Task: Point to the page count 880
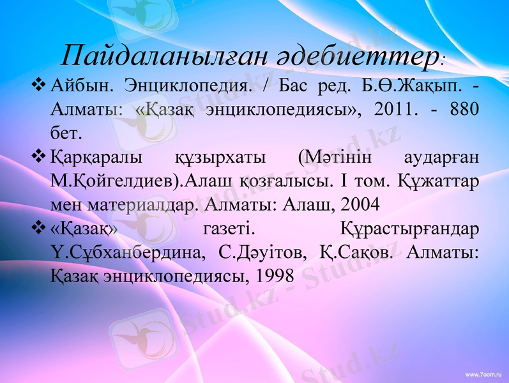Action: point(462,109)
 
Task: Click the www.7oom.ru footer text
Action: point(483,373)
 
